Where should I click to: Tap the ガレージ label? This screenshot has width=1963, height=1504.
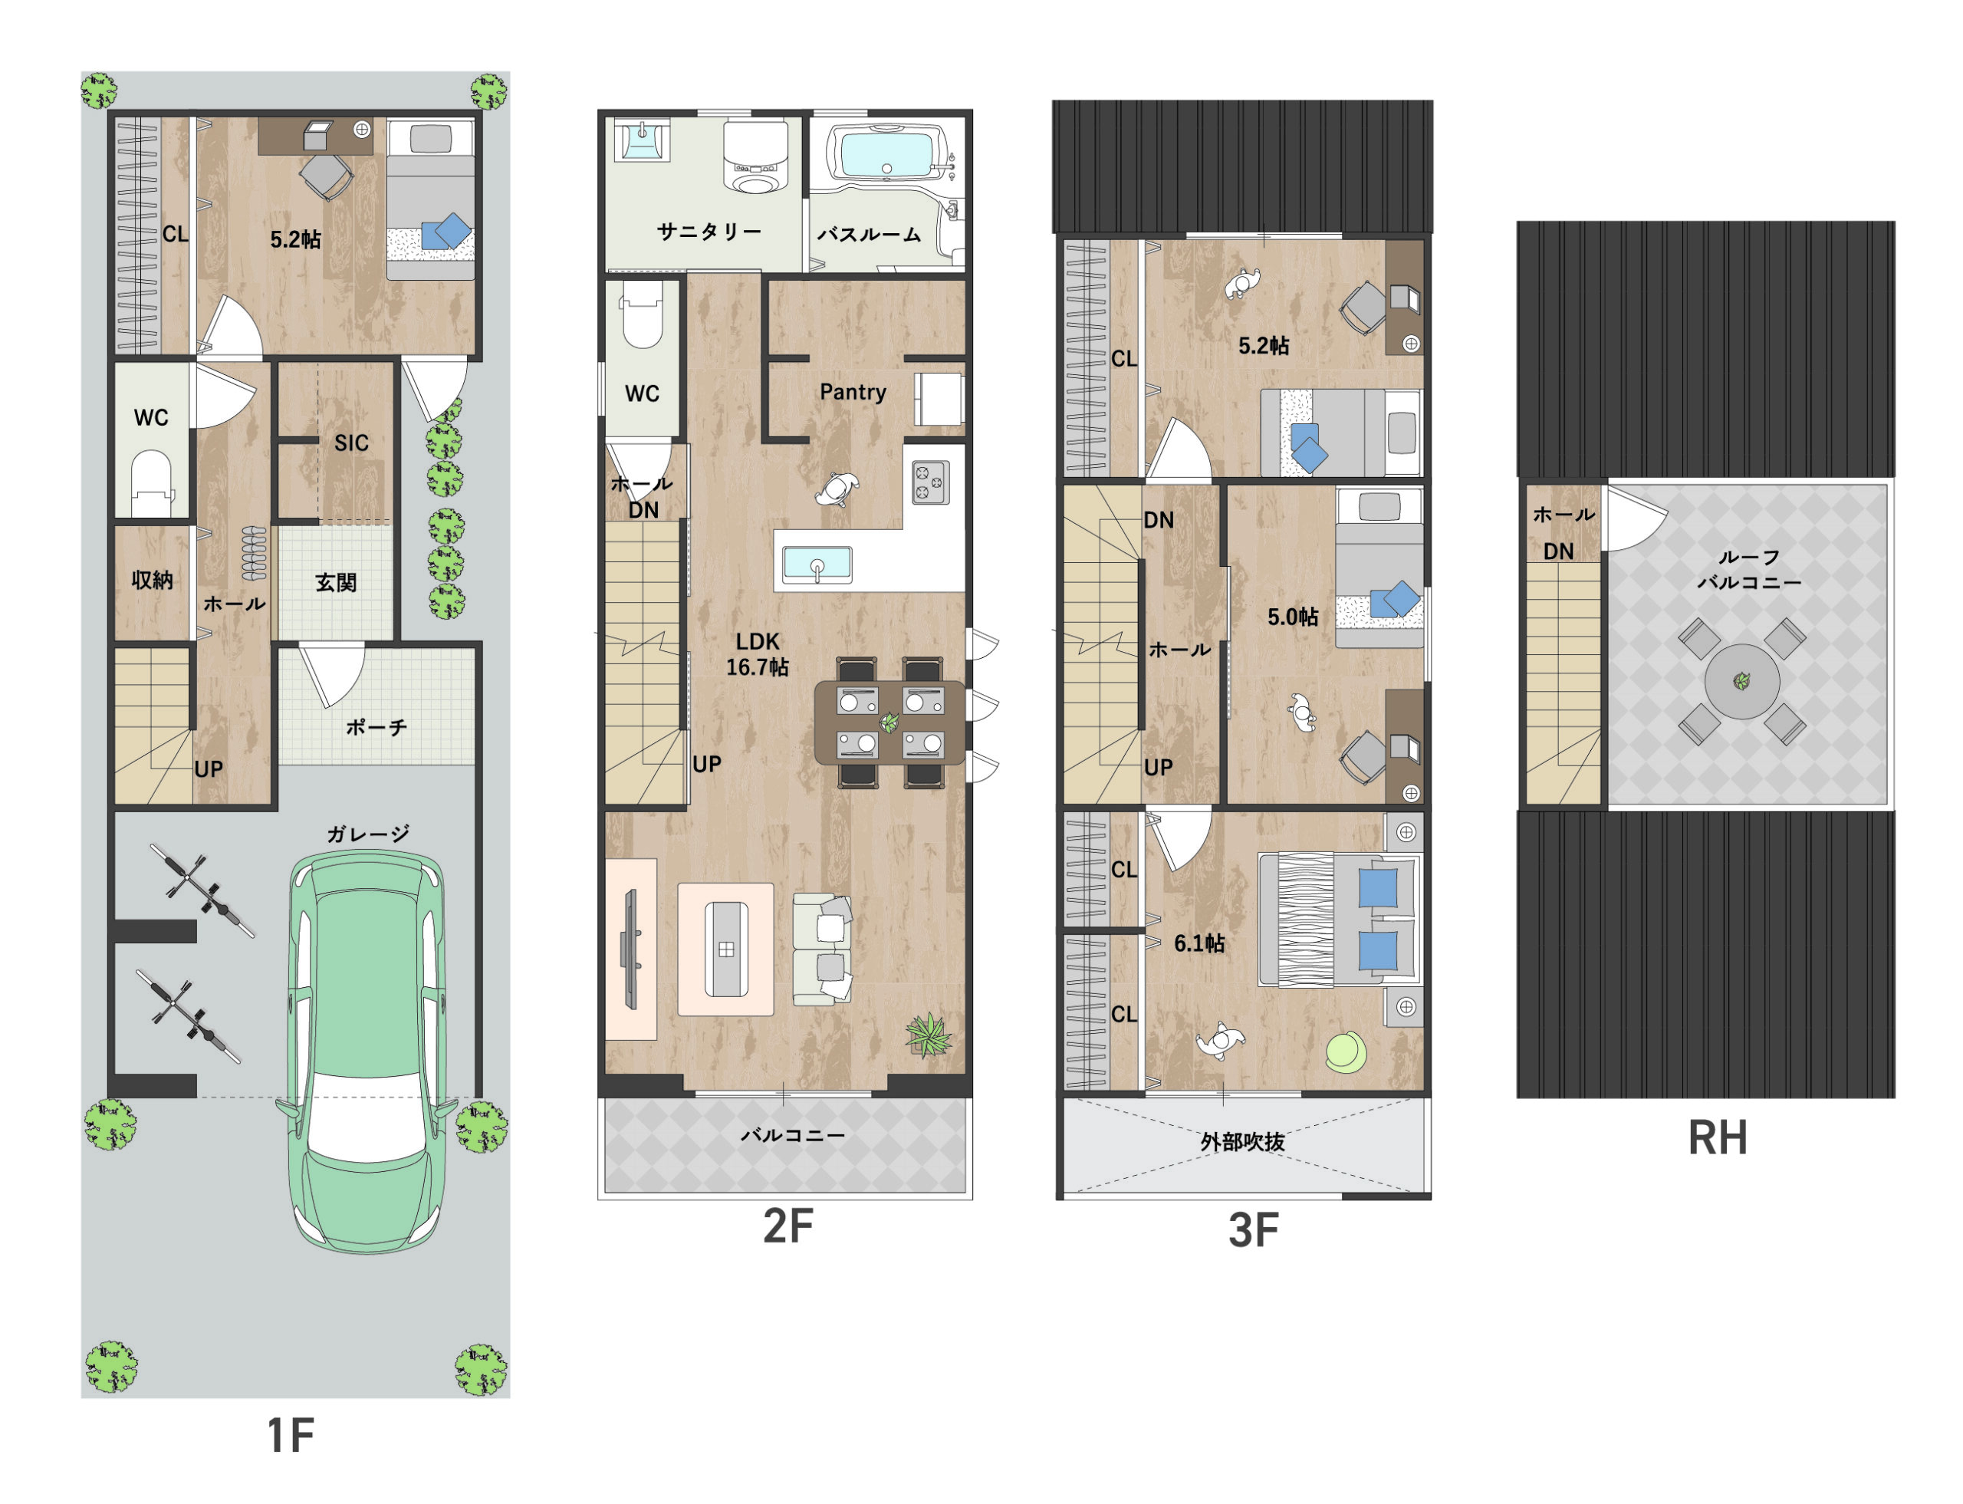tap(368, 834)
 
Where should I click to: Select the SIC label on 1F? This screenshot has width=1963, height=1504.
tap(351, 443)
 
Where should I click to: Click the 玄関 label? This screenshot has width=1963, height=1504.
tap(336, 583)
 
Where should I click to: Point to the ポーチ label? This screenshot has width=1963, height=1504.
tap(376, 727)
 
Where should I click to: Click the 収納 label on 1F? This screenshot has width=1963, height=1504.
tap(152, 580)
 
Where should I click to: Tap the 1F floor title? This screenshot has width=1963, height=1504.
tap(291, 1435)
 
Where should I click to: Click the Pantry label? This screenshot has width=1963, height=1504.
tap(852, 392)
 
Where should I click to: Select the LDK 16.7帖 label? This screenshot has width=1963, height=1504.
tap(758, 653)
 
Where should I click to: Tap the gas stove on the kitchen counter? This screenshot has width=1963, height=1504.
tap(930, 482)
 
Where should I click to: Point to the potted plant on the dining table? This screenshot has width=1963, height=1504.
tap(889, 722)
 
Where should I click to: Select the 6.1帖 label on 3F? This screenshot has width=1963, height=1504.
tap(1199, 943)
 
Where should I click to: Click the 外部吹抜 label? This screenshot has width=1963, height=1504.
tap(1242, 1141)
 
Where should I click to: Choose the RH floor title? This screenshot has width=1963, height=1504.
tap(1717, 1138)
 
